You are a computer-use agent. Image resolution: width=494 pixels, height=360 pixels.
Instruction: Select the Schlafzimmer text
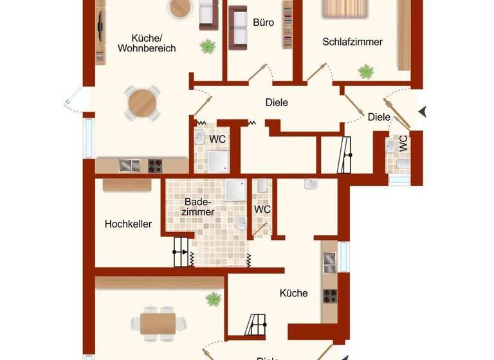[352, 42]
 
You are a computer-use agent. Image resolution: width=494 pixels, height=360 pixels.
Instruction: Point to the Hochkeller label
[128, 224]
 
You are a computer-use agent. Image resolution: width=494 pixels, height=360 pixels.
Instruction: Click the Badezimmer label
[198, 206]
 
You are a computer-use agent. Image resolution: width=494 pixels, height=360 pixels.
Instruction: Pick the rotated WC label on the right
[403, 143]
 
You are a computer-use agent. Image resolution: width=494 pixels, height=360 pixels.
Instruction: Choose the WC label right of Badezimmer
[262, 210]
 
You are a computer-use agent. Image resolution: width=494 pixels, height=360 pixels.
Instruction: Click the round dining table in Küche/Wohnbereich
[142, 102]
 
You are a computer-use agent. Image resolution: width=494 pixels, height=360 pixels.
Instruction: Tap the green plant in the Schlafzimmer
[367, 71]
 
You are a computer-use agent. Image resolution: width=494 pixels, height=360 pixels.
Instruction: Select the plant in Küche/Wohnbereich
[207, 46]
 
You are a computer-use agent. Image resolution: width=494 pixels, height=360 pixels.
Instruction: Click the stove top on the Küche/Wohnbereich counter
[156, 165]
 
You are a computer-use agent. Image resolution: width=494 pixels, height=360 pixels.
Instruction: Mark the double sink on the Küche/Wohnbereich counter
[129, 165]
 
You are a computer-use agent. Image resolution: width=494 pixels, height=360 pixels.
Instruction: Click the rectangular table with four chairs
[159, 321]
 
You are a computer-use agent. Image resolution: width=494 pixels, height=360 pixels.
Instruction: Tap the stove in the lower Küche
[330, 296]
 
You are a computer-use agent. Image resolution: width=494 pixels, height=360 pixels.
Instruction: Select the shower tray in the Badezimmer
[235, 190]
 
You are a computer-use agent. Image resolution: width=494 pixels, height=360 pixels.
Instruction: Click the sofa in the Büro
[239, 26]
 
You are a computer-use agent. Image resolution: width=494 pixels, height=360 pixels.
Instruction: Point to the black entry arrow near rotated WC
[423, 112]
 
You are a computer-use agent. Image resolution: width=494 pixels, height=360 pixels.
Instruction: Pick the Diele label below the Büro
[277, 102]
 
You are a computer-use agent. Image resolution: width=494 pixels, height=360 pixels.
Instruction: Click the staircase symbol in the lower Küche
[257, 323]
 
